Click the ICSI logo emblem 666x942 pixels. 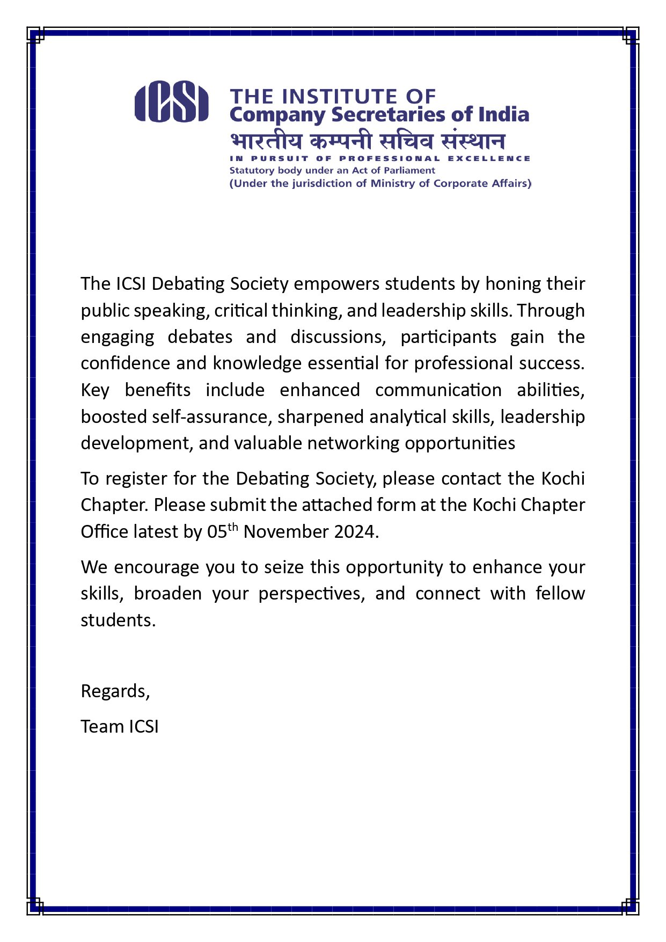pos(171,101)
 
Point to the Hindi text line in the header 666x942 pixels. pos(367,141)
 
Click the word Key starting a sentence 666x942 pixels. pos(95,390)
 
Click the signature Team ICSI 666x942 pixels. pos(120,727)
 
